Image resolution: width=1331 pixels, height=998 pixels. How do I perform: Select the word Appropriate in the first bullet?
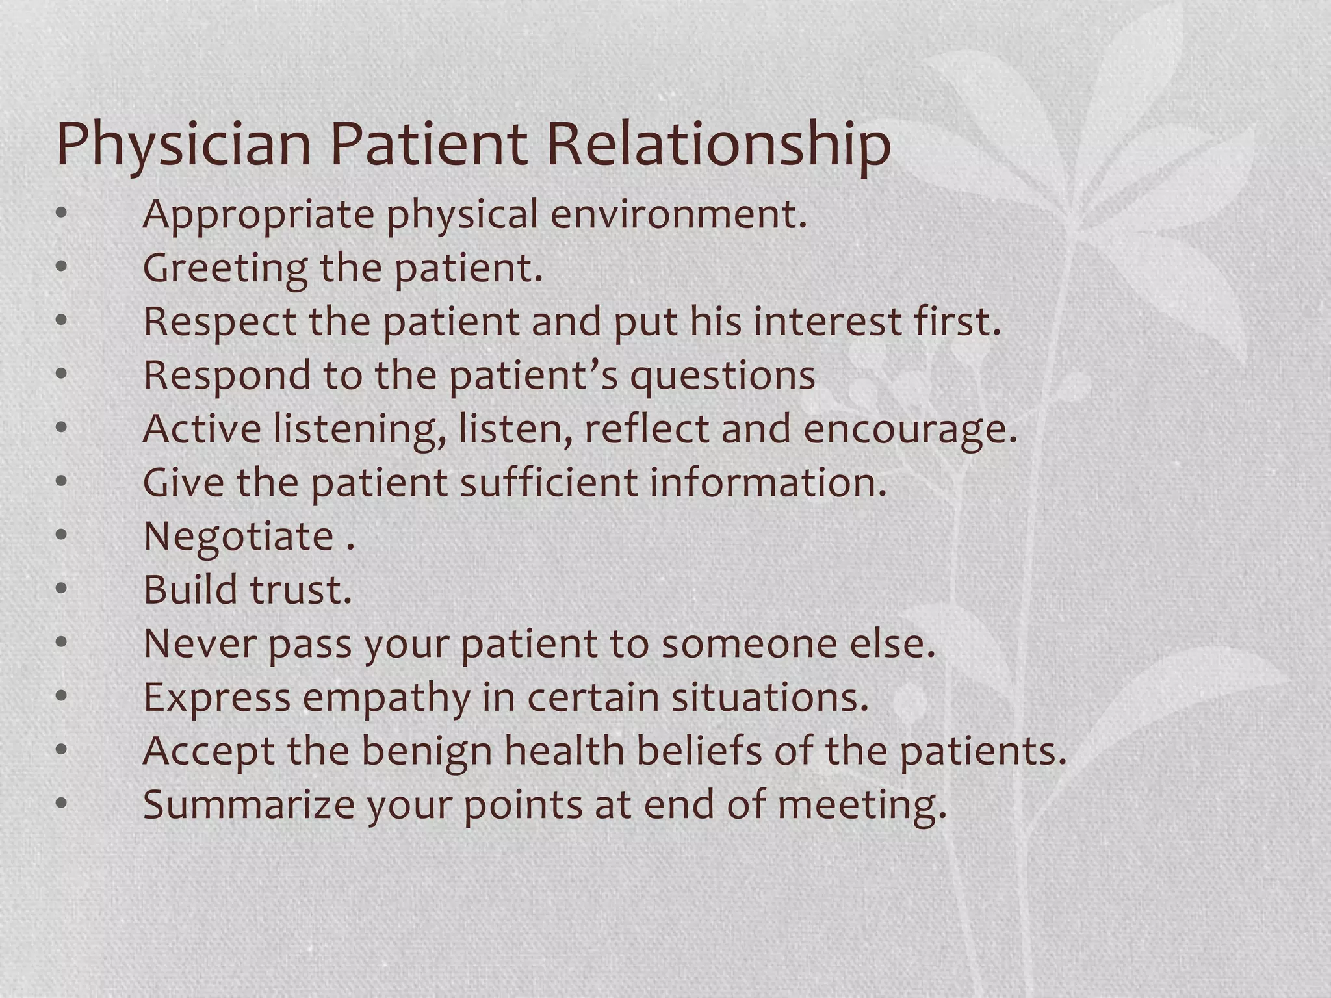(x=258, y=214)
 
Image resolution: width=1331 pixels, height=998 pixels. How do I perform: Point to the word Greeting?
(x=225, y=268)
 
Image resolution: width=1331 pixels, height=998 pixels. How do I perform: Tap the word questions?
(x=722, y=376)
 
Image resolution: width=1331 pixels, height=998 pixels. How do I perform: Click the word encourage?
(x=909, y=429)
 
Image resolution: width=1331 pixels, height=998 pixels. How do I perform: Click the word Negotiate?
(x=239, y=536)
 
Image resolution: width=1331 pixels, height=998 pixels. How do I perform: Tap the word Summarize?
(x=248, y=804)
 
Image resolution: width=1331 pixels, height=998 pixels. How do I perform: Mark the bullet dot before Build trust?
(x=62, y=589)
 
